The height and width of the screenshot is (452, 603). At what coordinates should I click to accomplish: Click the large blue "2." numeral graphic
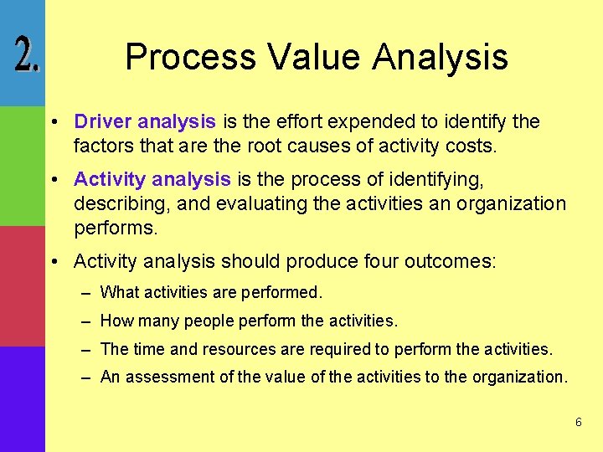[26, 56]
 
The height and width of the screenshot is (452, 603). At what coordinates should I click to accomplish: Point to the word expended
[366, 122]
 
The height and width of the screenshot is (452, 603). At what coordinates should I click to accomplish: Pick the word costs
[472, 147]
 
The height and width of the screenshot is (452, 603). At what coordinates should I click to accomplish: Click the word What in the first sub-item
[120, 293]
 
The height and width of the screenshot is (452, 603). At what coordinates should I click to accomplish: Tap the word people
[207, 321]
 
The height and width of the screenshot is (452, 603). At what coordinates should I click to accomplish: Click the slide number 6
[578, 423]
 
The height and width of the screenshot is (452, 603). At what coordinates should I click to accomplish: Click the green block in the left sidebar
[22, 166]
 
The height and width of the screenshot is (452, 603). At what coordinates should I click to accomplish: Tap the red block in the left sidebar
[22, 286]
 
